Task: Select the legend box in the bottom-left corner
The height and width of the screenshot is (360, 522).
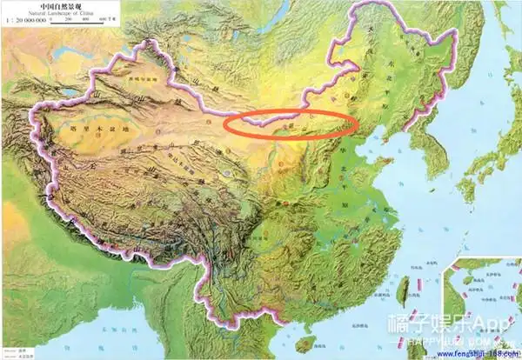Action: [x=17, y=353]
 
